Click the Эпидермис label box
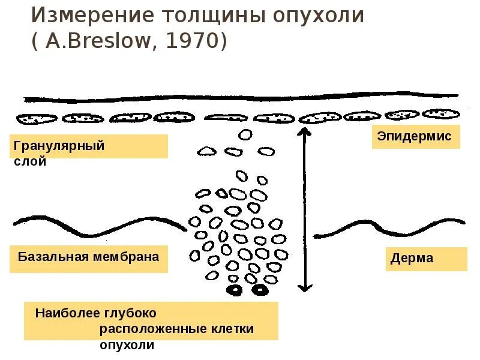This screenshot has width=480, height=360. click(414, 136)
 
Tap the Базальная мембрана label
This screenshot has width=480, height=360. click(89, 257)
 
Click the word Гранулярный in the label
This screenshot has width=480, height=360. click(59, 146)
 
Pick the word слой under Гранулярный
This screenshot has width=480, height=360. click(29, 161)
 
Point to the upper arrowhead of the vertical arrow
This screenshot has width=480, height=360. click(305, 130)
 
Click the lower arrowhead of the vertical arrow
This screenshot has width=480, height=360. click(306, 288)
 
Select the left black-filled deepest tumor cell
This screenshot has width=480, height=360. click(233, 291)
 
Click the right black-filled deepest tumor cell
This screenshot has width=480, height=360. click(260, 291)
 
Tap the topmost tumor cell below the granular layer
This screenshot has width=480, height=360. click(245, 134)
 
